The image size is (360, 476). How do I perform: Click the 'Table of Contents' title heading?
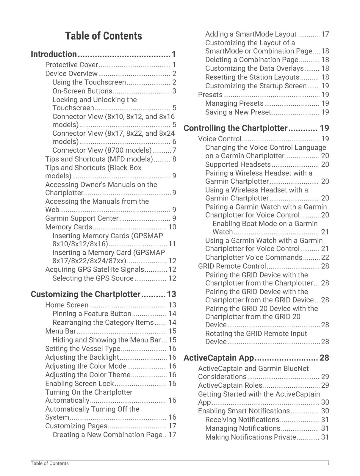(x=104, y=36)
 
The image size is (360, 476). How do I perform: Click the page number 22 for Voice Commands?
(x=325, y=257)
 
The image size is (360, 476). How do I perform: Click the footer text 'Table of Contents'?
(x=50, y=463)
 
